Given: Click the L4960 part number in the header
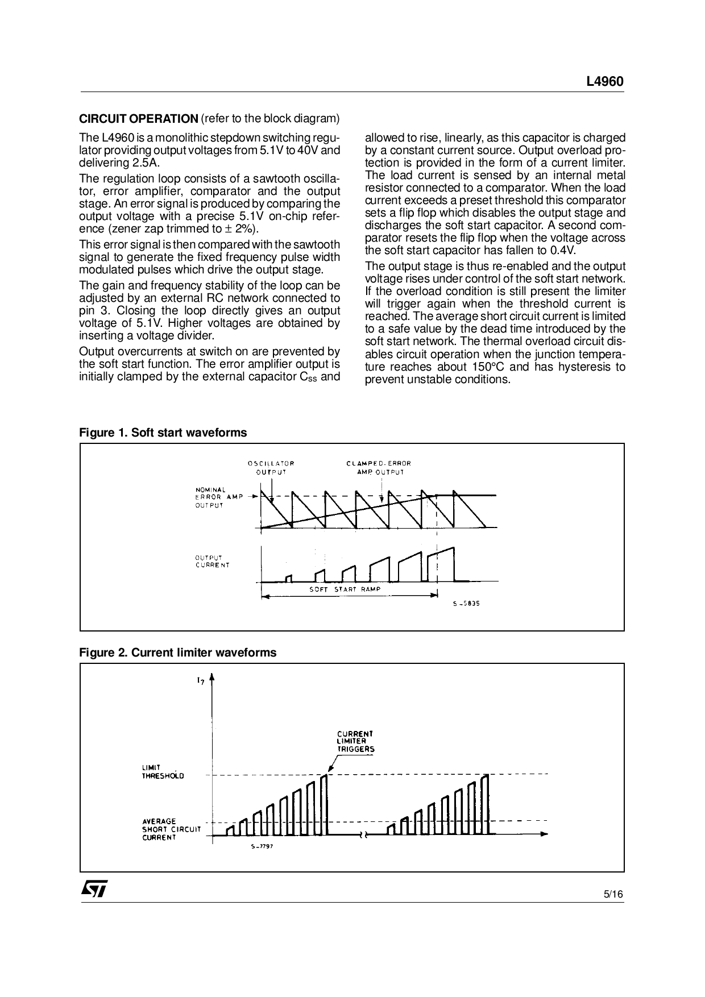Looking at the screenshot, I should [x=605, y=81].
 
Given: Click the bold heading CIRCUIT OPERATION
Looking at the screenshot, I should [x=138, y=119].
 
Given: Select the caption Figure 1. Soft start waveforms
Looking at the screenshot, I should [x=163, y=433].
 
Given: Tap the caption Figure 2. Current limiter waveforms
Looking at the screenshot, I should [x=177, y=653].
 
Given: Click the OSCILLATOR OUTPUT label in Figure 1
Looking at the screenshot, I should [x=271, y=467].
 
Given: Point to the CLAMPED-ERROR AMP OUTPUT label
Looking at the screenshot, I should [x=379, y=467].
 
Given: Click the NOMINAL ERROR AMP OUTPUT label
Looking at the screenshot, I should [x=219, y=497].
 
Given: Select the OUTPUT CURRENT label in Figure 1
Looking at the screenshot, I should [x=212, y=562].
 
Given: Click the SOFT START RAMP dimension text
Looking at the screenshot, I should [x=345, y=589].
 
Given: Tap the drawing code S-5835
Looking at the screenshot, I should [x=466, y=604].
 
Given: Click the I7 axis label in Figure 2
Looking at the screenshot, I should [x=201, y=680].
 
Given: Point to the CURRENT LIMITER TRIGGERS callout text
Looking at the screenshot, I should [x=355, y=741].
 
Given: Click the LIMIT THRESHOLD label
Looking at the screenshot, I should [x=163, y=772].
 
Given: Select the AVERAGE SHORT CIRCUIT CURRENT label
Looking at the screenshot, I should [x=171, y=829].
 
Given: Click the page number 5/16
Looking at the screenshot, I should [x=613, y=894].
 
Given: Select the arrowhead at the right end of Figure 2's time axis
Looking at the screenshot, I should [x=544, y=834].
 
